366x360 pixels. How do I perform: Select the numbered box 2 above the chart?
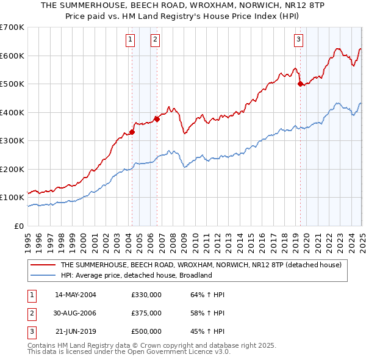(155, 40)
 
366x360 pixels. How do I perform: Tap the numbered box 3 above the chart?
(299, 40)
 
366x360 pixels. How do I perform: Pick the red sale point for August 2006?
(157, 120)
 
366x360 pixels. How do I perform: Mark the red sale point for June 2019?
(300, 84)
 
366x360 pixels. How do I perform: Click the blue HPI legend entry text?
(135, 275)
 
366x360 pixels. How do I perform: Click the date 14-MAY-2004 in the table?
(76, 295)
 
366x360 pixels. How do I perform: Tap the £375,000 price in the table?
(146, 313)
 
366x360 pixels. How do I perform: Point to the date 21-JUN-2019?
(76, 332)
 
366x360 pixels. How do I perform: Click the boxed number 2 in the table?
(31, 313)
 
